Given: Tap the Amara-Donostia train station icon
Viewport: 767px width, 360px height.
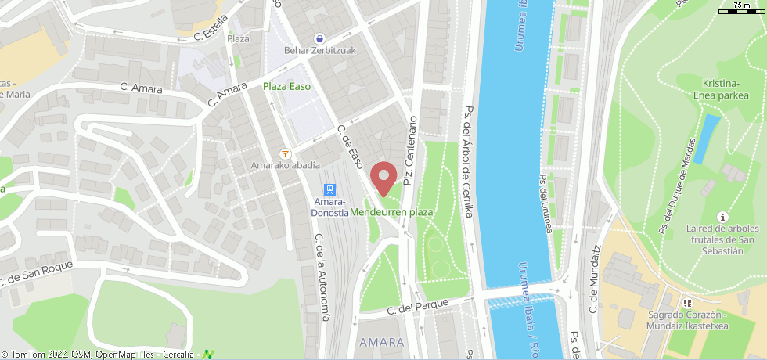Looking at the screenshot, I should (330, 190).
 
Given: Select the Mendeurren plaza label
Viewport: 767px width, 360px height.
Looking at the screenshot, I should (391, 212).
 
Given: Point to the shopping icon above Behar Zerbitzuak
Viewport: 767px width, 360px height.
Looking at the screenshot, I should (319, 38).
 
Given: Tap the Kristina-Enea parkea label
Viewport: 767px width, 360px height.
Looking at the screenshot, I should (721, 89).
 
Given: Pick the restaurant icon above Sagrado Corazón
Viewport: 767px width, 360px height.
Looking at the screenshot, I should (687, 302).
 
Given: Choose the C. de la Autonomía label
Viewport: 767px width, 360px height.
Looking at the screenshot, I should (321, 278).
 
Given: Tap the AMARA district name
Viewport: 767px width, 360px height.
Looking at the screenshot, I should (381, 342).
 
